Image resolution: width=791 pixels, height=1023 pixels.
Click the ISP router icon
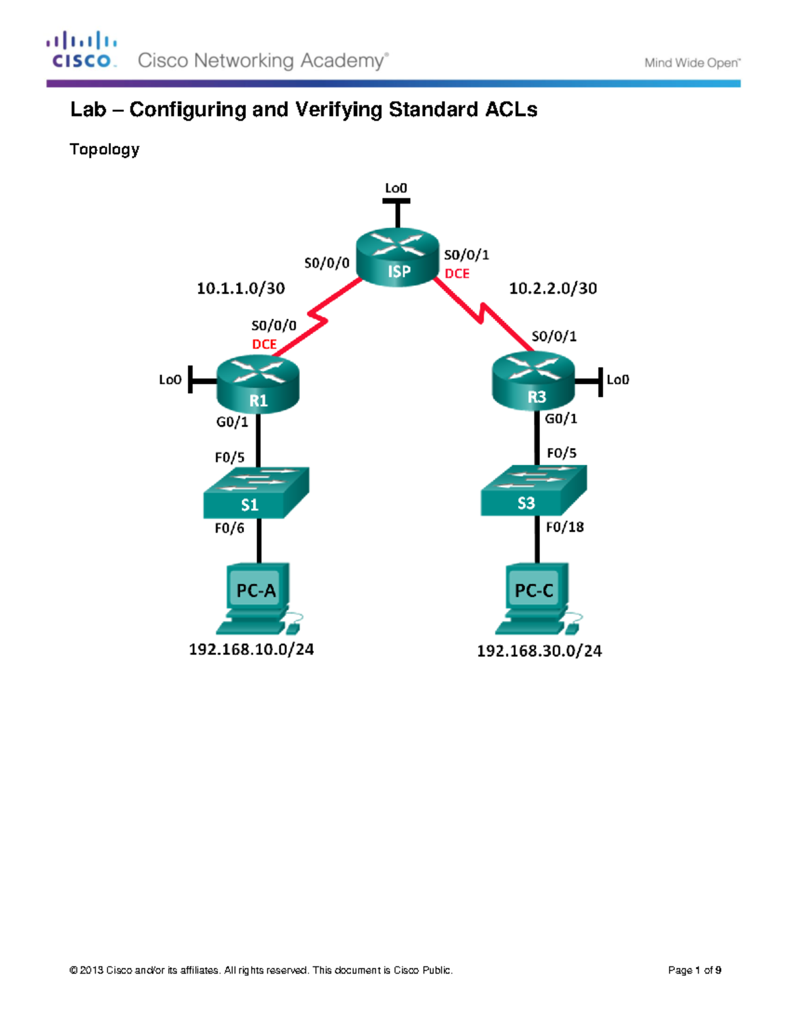[397, 258]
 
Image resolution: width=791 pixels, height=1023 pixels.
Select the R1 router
[258, 384]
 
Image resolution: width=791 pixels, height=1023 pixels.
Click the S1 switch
[256, 493]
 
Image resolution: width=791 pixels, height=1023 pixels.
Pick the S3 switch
[533, 491]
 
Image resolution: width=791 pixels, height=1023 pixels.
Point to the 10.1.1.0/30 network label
[241, 289]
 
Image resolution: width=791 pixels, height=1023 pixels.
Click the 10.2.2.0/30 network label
[553, 289]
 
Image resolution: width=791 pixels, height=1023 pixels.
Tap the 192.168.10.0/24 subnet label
[251, 650]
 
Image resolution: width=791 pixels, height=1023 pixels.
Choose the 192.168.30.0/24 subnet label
[539, 651]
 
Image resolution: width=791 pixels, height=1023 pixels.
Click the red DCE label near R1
[264, 345]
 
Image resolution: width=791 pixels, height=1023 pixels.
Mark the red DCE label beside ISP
[457, 273]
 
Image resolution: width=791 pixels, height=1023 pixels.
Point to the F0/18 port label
[565, 527]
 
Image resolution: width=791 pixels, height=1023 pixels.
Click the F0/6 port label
[229, 528]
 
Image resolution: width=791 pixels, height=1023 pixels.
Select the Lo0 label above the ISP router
[395, 188]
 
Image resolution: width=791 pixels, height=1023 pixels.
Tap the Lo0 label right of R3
[618, 380]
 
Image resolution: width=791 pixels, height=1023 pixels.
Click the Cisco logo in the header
[82, 50]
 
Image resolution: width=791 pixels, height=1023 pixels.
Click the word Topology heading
[104, 150]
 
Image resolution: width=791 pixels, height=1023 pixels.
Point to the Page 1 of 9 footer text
[694, 970]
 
